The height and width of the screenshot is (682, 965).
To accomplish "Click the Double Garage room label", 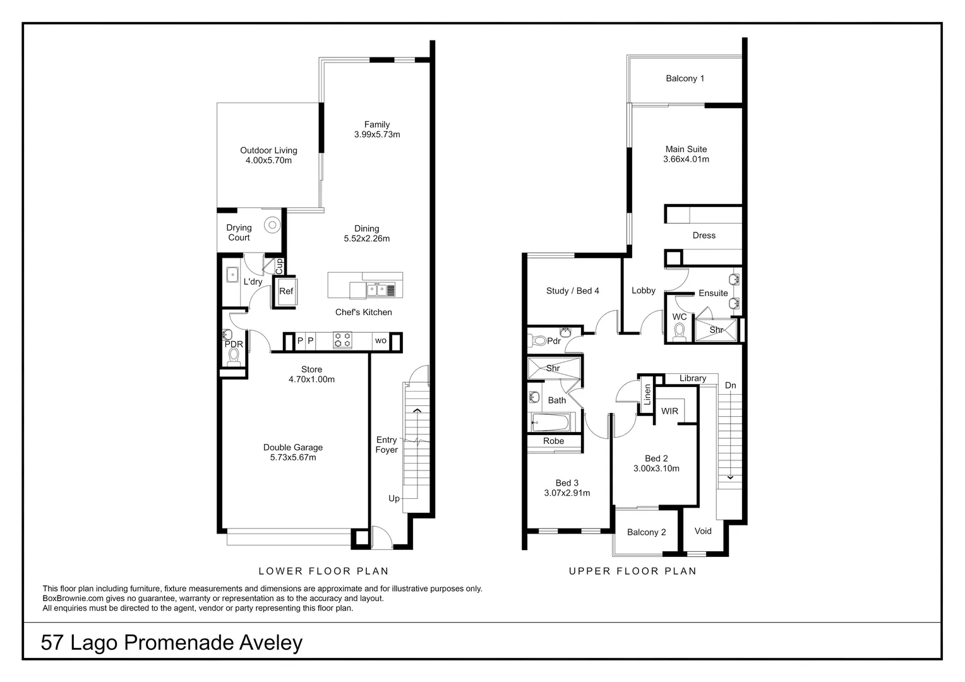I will click(x=293, y=448).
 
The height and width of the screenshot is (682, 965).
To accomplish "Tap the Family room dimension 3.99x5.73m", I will click(x=377, y=135).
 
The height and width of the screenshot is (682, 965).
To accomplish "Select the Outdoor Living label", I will click(x=268, y=150).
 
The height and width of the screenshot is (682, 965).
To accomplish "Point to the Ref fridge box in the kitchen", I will click(x=286, y=291).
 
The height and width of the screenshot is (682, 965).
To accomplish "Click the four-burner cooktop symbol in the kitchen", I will click(x=342, y=340).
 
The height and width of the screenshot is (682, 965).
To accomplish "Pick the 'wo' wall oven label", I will click(x=381, y=341).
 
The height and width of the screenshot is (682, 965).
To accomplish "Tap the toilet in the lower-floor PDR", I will click(x=234, y=357).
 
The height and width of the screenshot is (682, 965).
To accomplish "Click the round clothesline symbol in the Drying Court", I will click(x=272, y=224).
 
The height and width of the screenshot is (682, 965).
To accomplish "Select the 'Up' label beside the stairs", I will click(x=394, y=498).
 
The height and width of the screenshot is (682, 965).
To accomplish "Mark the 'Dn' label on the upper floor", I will click(x=730, y=385).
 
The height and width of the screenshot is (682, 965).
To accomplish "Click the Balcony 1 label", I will click(x=685, y=78).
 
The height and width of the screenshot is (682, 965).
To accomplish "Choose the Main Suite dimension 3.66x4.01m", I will click(x=686, y=159).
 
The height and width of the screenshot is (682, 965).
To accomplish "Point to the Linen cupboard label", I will click(x=647, y=395).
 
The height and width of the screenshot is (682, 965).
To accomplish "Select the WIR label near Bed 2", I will click(x=669, y=411).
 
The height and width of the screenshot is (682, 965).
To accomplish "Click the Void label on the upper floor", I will click(x=703, y=531).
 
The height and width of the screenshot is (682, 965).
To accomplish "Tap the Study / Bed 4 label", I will click(x=572, y=290).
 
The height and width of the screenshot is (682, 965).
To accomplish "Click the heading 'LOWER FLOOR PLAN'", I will click(x=323, y=571).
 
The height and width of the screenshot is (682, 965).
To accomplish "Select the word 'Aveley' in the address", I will click(x=270, y=643).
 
